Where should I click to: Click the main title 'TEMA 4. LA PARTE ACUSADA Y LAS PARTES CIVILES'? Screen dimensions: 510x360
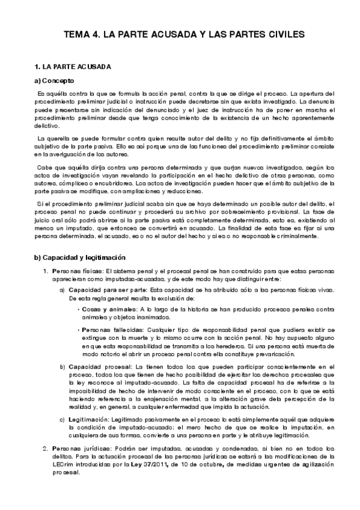(180, 35)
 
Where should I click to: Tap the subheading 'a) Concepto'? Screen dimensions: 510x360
(54, 80)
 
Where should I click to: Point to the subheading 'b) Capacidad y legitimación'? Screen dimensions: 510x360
(81, 257)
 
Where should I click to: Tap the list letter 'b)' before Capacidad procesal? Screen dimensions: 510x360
(64, 366)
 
